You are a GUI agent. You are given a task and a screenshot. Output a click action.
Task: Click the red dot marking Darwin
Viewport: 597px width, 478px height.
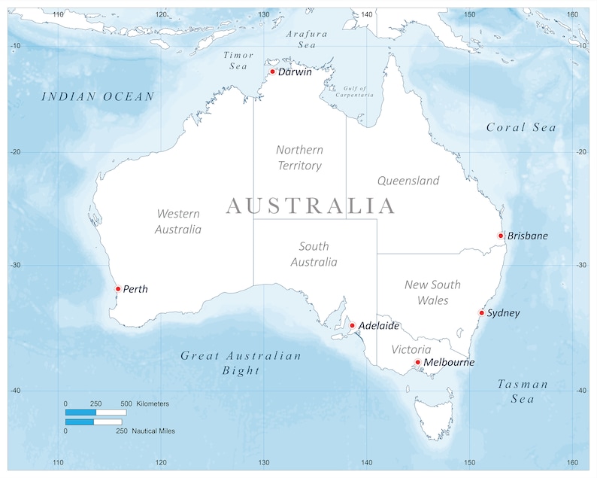tap(273, 72)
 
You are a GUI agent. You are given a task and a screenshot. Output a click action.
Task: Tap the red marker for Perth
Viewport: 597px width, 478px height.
tap(118, 289)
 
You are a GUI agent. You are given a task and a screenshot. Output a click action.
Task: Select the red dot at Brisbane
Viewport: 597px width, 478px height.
tap(501, 236)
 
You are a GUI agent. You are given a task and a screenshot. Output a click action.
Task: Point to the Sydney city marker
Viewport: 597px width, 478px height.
tap(482, 312)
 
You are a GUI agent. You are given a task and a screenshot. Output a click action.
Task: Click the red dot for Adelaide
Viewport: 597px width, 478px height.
tap(352, 326)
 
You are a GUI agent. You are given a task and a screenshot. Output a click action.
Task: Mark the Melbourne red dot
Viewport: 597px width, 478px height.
tap(418, 362)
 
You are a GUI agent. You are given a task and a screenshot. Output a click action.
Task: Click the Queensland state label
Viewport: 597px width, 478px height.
tap(408, 181)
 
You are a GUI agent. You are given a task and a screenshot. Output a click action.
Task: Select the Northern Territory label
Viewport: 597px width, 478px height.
tap(299, 158)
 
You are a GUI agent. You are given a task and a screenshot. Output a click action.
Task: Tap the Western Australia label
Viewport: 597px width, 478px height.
tap(178, 222)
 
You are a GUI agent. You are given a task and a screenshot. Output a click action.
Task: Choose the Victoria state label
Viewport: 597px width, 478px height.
tap(411, 349)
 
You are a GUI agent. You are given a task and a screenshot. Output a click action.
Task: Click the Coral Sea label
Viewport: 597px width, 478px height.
tap(521, 127)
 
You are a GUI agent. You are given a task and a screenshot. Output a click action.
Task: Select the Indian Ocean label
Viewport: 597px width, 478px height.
tap(98, 96)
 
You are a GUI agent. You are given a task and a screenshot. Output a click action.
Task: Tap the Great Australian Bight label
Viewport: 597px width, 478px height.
tap(241, 363)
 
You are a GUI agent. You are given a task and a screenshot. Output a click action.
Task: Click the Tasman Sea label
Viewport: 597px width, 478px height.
tap(523, 391)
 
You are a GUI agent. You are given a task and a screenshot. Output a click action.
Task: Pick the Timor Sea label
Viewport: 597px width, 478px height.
tap(238, 60)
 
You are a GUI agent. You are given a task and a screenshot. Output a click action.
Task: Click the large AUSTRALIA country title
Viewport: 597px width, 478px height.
tap(310, 206)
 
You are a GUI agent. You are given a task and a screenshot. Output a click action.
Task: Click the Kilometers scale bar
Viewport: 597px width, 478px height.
tap(95, 413)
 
